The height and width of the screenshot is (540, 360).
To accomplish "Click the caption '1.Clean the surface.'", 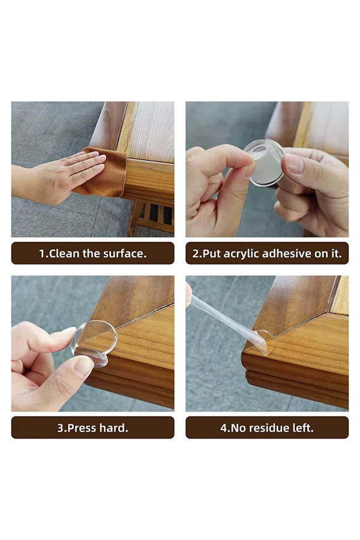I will (x=92, y=253).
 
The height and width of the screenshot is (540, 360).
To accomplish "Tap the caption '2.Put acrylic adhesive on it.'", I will (x=267, y=253).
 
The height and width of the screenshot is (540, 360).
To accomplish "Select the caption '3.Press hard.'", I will (x=92, y=428).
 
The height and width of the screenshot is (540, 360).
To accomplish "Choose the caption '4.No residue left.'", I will (x=267, y=428).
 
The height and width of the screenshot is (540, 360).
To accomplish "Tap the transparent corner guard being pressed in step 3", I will (x=93, y=342).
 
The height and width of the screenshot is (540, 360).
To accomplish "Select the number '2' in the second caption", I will (x=196, y=253).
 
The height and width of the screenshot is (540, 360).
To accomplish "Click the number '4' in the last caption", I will (x=223, y=428).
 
